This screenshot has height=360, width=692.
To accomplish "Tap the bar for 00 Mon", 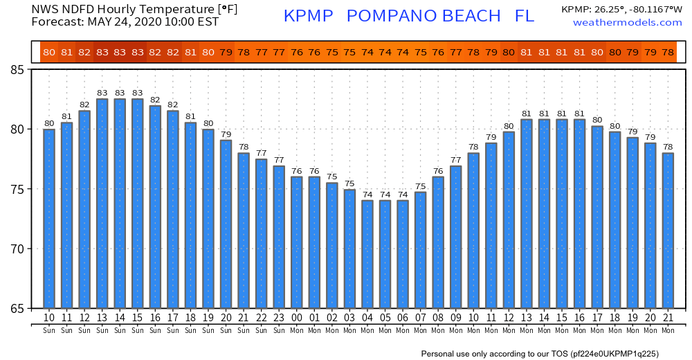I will click(x=296, y=242).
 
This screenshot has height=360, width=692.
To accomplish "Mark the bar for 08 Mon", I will click(x=438, y=242).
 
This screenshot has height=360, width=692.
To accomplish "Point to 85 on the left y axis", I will click(x=17, y=70).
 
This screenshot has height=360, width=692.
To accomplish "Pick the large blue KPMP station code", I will click(x=309, y=16).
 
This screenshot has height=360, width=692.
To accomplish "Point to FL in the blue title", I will click(x=525, y=16).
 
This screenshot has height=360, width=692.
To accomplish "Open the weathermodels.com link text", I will click(x=628, y=23).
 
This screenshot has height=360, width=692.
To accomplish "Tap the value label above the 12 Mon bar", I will click(x=509, y=126).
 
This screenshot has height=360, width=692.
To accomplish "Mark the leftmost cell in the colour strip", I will click(x=49, y=52).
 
